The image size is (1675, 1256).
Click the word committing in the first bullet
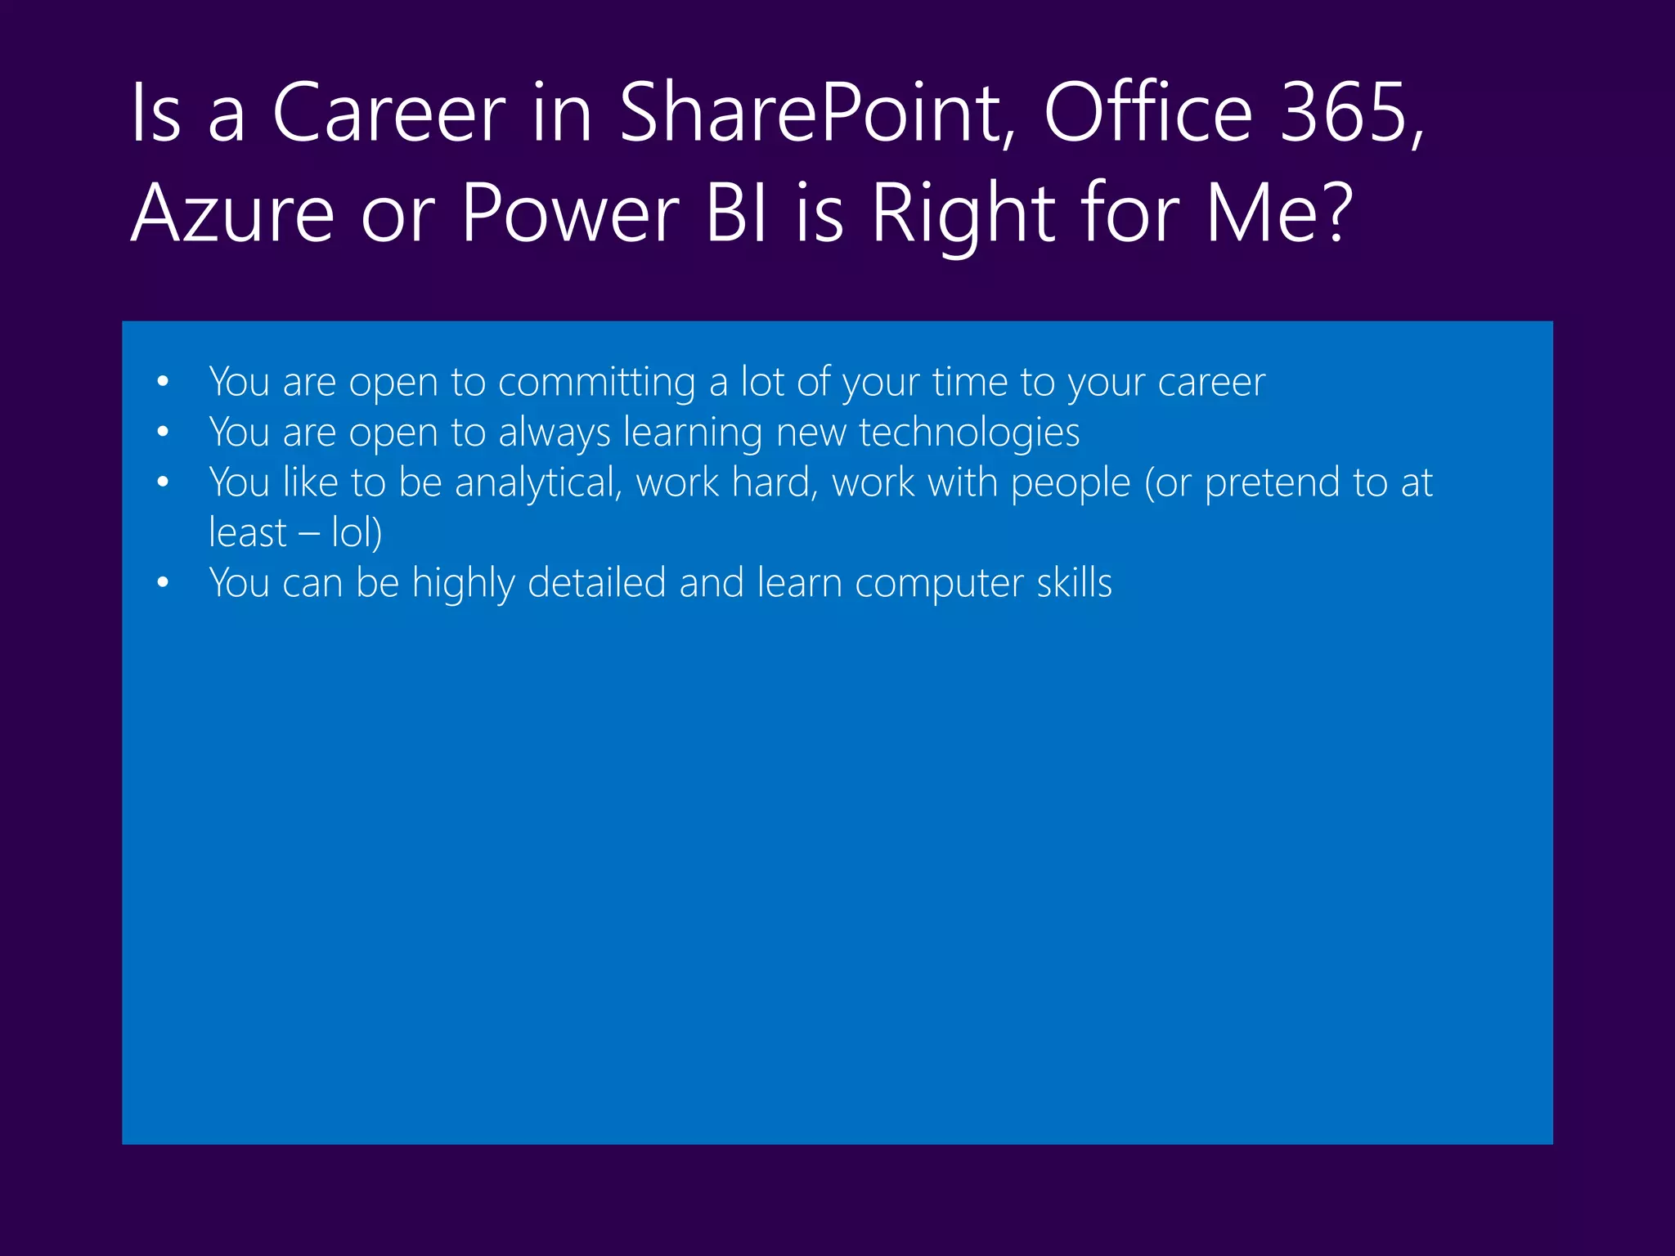click(x=596, y=383)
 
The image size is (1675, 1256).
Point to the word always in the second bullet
click(x=555, y=433)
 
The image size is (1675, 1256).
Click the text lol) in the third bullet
click(x=357, y=533)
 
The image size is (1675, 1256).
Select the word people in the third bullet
click(x=1071, y=482)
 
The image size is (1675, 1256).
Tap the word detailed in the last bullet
click(x=596, y=583)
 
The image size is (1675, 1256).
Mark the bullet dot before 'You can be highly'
click(x=163, y=583)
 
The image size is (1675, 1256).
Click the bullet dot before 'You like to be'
click(x=163, y=482)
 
